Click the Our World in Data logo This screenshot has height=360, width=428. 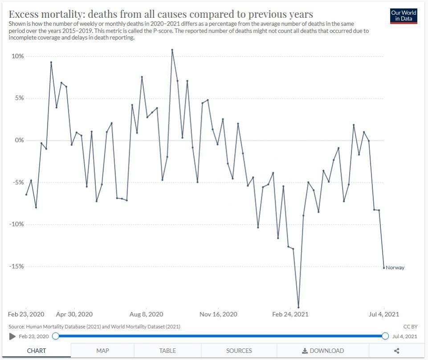pos(404,16)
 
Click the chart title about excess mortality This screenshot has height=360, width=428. pos(161,14)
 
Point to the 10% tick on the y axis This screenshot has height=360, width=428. pos(18,57)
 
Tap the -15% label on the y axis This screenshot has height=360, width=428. pos(17,267)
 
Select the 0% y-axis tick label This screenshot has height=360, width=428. pos(19,141)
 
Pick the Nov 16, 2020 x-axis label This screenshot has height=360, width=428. pos(218,314)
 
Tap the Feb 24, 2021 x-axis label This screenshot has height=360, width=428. pos(290,314)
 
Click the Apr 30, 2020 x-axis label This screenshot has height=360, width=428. pos(74,314)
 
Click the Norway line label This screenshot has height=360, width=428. pos(395,268)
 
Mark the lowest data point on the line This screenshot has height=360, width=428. pos(298,307)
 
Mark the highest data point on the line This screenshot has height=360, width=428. pos(172,50)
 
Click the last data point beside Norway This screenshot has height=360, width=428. pos(384,267)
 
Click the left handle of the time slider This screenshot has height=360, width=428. pos(55,336)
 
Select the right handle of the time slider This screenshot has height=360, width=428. pos(385,336)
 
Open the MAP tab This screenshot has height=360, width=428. pos(102,351)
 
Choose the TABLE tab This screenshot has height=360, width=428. pos(167,351)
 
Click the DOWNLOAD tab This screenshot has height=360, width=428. pos(323,351)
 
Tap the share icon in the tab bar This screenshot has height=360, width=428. pos(396,351)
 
